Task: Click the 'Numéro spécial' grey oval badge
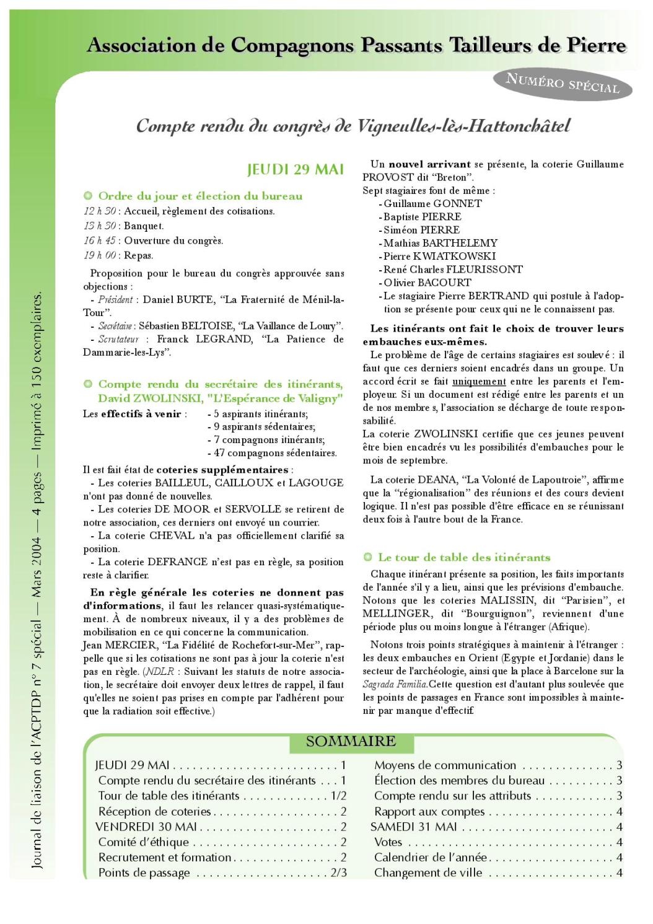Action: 562,83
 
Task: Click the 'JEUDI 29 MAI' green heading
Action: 295,169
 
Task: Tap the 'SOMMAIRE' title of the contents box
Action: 351,741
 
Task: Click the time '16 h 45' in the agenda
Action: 99,240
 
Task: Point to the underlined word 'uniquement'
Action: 479,382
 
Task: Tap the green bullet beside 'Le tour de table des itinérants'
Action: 367,557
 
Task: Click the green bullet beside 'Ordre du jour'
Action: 88,196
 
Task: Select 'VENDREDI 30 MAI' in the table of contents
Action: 146,827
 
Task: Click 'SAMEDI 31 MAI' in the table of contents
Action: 413,827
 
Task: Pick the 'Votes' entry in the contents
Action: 388,842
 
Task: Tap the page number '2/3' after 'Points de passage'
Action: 338,873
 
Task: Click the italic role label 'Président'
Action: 115,300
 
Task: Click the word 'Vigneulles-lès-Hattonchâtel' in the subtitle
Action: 463,126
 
